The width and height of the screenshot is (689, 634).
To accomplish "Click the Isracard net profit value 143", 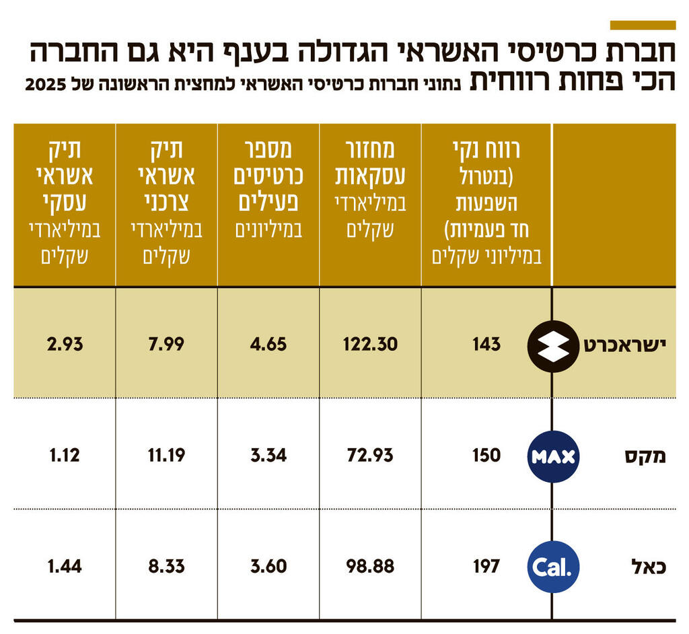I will tap(486, 345).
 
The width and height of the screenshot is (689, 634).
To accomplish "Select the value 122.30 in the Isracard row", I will tap(370, 345).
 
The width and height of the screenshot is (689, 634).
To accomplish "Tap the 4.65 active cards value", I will tap(268, 345).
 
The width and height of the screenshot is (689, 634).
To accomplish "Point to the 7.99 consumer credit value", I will tap(166, 345).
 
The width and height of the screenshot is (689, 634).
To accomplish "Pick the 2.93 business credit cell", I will tap(65, 345).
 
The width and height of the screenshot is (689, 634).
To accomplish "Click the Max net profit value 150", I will tap(486, 455).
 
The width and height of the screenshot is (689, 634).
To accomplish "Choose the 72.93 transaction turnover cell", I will tap(370, 455).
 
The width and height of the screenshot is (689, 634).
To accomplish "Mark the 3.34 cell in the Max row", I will tap(268, 455).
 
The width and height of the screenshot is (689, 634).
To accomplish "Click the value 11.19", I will tap(166, 455).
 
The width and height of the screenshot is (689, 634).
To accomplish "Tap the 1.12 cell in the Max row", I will tap(65, 455).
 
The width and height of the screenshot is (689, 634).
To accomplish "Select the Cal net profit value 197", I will tap(486, 566).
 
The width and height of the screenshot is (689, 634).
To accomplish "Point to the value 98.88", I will tap(370, 566).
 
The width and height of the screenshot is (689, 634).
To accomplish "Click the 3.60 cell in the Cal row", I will tap(268, 566).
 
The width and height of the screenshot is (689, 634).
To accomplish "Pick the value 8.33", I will tap(166, 566).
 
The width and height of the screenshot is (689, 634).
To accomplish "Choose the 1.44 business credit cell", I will tap(65, 566).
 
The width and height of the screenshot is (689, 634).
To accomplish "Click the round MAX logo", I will tap(553, 457).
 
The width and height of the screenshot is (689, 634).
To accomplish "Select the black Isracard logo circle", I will tap(553, 347).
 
